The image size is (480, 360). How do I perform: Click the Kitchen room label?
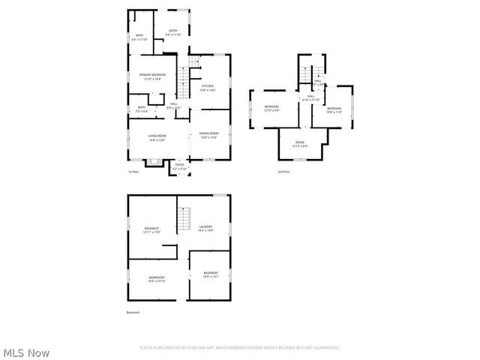coord(208,88)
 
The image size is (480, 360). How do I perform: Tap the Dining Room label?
coord(209,134)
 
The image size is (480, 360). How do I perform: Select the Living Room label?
coord(157,136)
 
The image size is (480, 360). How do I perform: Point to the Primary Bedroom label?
coord(152,76)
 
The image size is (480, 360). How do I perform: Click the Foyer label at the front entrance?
coord(179,166)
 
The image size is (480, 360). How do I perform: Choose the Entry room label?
coord(173,32)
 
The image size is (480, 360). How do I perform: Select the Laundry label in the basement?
coord(205,228)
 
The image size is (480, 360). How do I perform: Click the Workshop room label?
coord(156,279)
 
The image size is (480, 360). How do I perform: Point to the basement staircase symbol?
coord(184,220)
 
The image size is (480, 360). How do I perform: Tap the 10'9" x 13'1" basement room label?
coord(211,274)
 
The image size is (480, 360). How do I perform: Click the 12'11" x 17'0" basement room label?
coord(152,229)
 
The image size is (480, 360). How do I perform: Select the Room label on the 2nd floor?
coord(300,144)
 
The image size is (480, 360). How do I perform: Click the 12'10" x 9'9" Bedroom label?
coord(271,109)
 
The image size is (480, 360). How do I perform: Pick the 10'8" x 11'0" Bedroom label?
coord(334,110)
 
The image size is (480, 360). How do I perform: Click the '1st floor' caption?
coord(133,172)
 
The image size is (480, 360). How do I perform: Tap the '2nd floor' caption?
coord(284,172)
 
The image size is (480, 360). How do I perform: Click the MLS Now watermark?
coord(26,352)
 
